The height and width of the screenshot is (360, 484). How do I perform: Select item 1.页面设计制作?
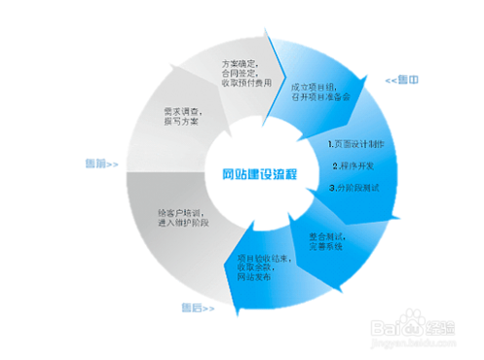[357, 144]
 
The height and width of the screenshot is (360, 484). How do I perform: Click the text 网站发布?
[254, 278]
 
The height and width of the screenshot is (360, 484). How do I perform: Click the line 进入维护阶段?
[184, 224]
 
